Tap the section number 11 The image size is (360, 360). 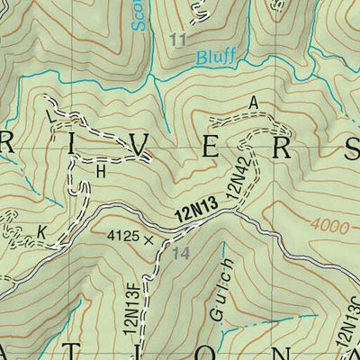tap(178, 40)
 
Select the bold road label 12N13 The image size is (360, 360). tap(195, 212)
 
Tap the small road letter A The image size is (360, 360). tap(254, 104)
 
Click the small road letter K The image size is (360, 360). tap(40, 231)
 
